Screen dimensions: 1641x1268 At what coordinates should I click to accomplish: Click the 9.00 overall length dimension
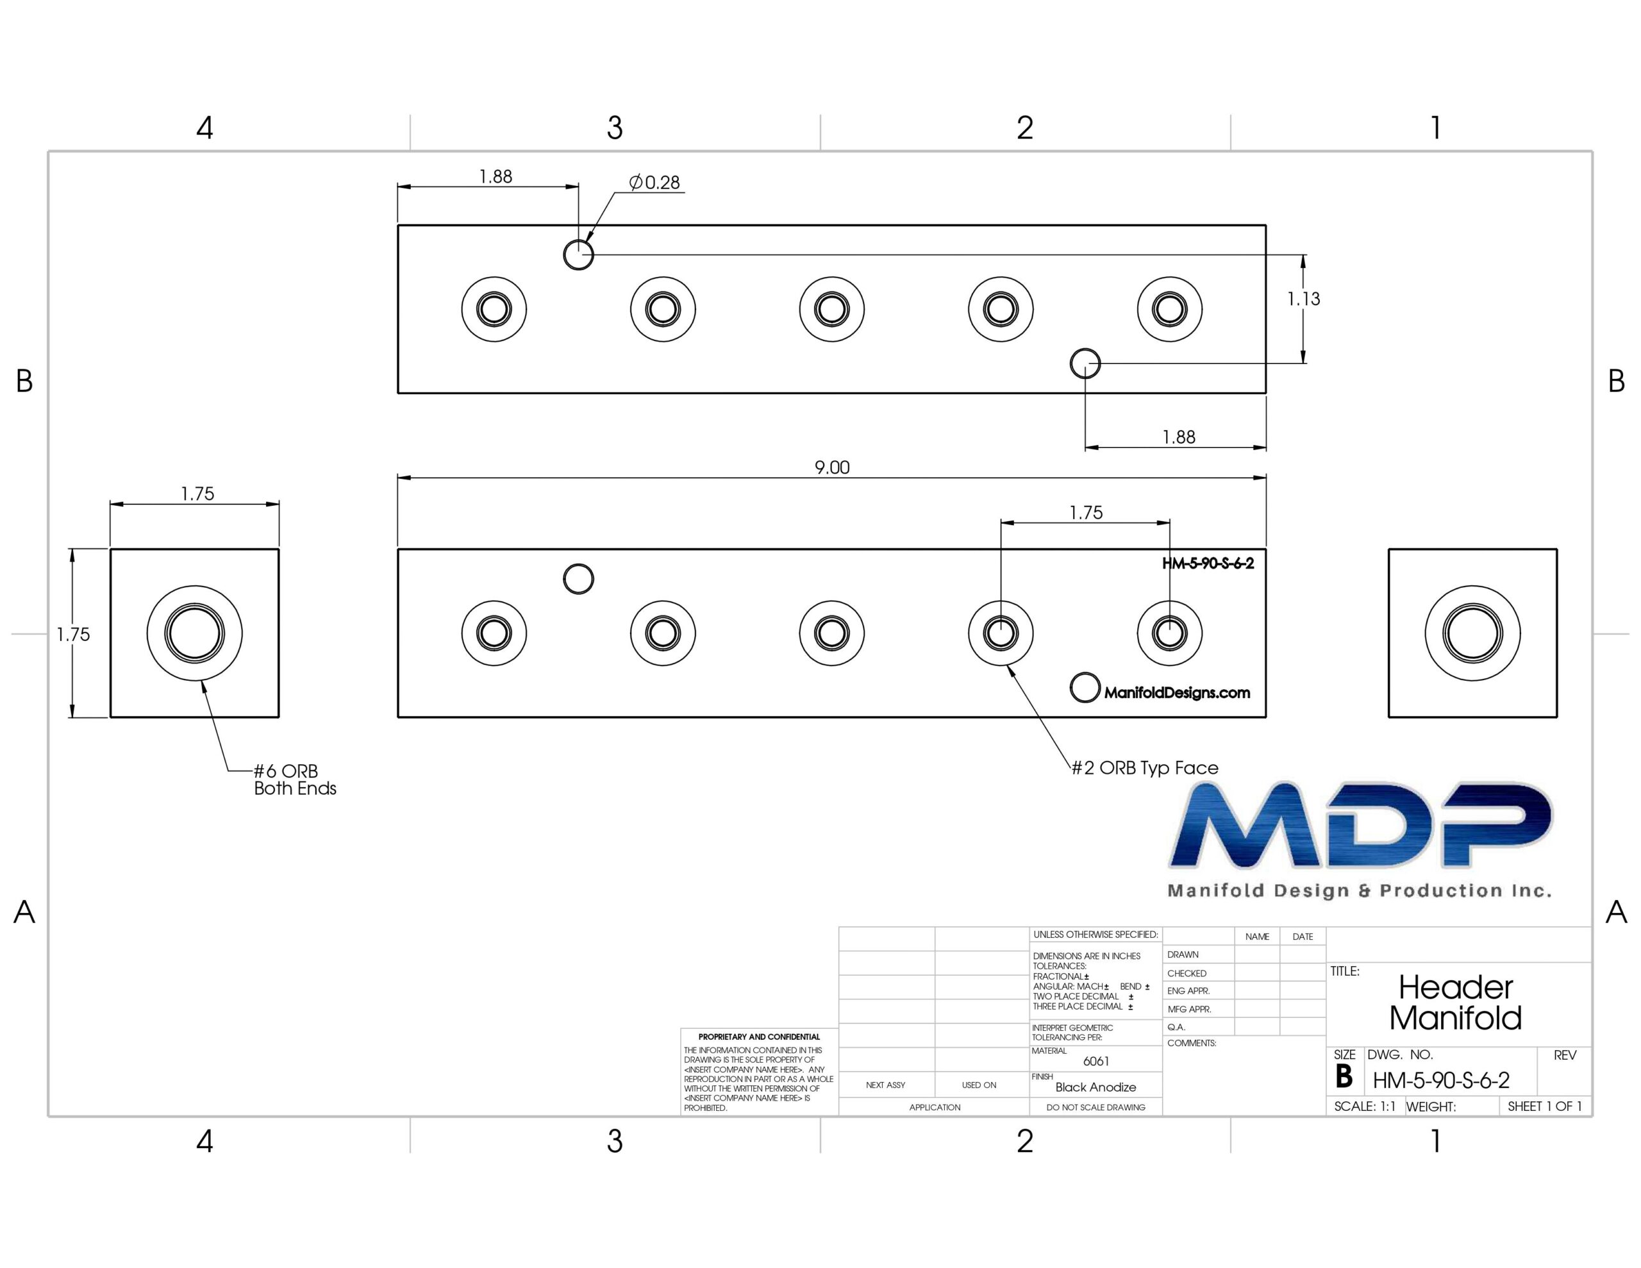coord(832,467)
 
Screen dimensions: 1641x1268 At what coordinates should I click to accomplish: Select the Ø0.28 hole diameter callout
coord(654,182)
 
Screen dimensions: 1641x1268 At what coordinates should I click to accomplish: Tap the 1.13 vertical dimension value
coord(1304,299)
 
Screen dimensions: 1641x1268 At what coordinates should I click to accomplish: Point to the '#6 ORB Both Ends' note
coord(294,780)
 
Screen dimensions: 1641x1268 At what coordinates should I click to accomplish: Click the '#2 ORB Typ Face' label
coord(1145,767)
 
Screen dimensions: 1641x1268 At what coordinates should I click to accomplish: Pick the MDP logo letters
coord(1361,825)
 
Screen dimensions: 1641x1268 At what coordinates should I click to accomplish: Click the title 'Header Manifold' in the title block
coord(1455,1003)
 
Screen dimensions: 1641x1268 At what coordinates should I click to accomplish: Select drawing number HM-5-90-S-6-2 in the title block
coord(1441,1080)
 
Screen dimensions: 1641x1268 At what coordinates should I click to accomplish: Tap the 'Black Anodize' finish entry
coord(1095,1087)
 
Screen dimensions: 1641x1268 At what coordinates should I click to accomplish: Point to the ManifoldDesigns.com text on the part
coord(1178,692)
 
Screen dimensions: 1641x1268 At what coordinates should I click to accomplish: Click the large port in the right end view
coord(1472,633)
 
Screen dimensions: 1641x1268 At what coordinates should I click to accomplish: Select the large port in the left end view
coord(195,633)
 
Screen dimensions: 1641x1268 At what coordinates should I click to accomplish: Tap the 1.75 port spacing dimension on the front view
coord(1087,513)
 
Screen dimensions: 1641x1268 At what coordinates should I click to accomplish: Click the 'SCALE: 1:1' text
coord(1365,1106)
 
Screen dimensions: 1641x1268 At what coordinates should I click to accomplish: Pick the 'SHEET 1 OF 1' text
coord(1545,1106)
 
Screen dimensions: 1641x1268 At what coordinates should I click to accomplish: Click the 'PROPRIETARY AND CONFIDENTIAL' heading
coord(759,1037)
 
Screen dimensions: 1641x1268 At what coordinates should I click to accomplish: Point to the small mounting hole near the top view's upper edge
coord(579,254)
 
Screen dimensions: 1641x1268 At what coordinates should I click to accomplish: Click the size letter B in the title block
coord(1344,1077)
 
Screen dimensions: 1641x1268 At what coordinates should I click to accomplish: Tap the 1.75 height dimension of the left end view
coord(74,635)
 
